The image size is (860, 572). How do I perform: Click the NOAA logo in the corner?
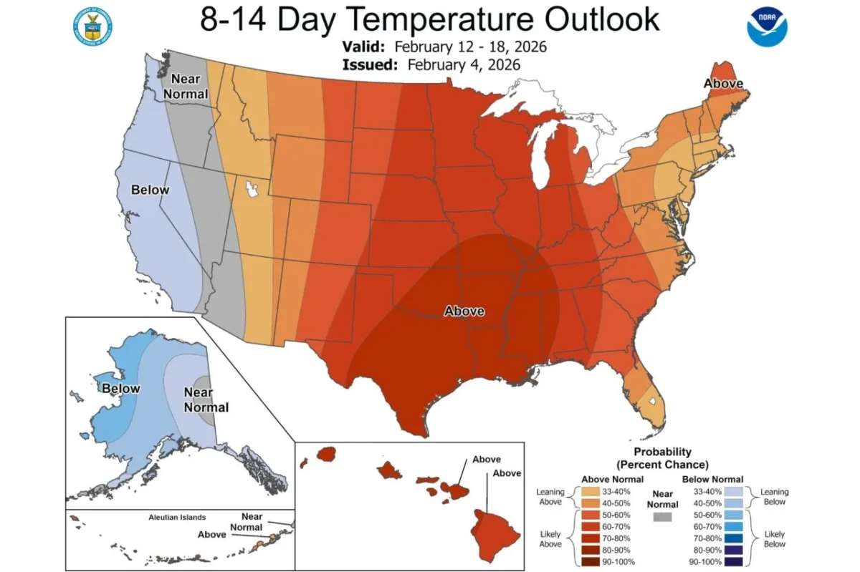[x=767, y=27]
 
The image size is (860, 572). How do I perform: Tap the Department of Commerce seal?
[x=92, y=27]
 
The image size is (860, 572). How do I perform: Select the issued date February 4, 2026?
[x=464, y=64]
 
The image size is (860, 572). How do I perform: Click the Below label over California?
[x=150, y=190]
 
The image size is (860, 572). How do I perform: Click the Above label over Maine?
[x=723, y=84]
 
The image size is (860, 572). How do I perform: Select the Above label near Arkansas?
[x=464, y=311]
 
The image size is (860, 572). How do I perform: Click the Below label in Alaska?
[x=121, y=388]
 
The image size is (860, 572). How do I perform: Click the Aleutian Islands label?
[x=177, y=517]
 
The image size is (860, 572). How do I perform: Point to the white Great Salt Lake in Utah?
[x=252, y=189]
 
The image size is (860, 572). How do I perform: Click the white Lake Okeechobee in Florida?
[x=651, y=403]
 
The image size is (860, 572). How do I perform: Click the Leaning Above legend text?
[x=550, y=497]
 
